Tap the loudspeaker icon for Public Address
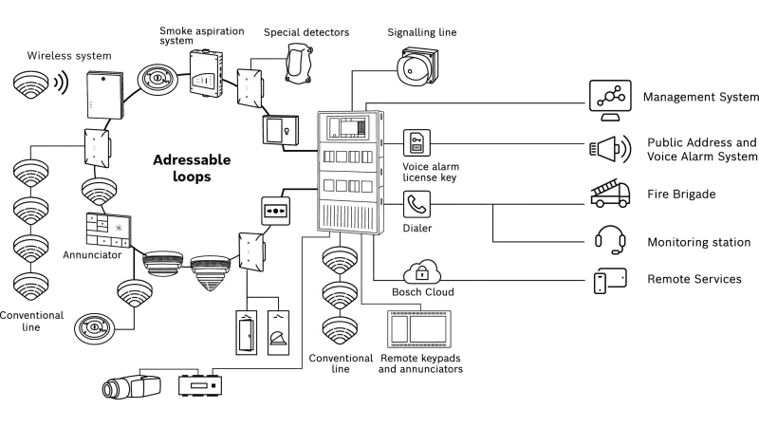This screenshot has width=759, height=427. [x=607, y=148]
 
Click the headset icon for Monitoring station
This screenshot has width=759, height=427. [x=608, y=240]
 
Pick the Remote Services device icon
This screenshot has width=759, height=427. [x=609, y=280]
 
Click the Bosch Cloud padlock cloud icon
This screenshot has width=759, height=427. [x=421, y=272]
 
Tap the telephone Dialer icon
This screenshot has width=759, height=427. [x=417, y=204]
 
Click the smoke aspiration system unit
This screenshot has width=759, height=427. [x=207, y=72]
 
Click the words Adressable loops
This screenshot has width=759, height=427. [x=191, y=168]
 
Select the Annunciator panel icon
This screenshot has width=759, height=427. [x=106, y=229]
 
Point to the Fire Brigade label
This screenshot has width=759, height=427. [x=681, y=195]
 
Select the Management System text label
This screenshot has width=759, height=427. [x=699, y=98]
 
